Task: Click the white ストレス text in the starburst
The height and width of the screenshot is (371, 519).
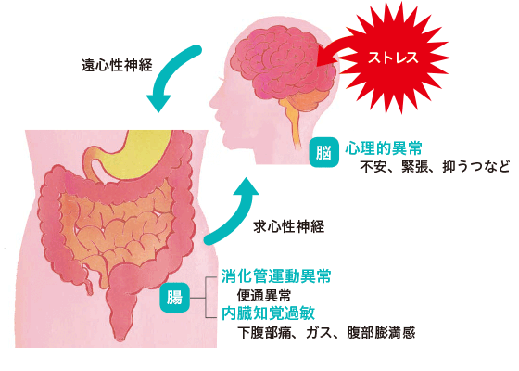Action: click(393, 58)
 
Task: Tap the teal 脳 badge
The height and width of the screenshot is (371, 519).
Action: click(324, 153)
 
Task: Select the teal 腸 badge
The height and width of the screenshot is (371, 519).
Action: click(175, 298)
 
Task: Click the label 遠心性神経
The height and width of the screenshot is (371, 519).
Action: click(117, 65)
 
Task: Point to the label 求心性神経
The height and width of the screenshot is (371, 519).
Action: click(288, 226)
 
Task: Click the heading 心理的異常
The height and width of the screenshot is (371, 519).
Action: click(384, 148)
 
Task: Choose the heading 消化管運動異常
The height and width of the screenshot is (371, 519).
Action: click(276, 276)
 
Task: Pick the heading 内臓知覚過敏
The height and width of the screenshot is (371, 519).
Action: click(268, 313)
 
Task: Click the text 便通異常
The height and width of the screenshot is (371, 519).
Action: click(264, 295)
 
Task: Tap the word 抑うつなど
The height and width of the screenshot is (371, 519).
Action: click(476, 167)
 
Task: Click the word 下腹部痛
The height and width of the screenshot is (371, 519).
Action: click(264, 333)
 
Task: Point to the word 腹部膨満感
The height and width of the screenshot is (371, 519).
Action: click(381, 333)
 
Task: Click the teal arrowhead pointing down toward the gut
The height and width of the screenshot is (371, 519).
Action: click(158, 102)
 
